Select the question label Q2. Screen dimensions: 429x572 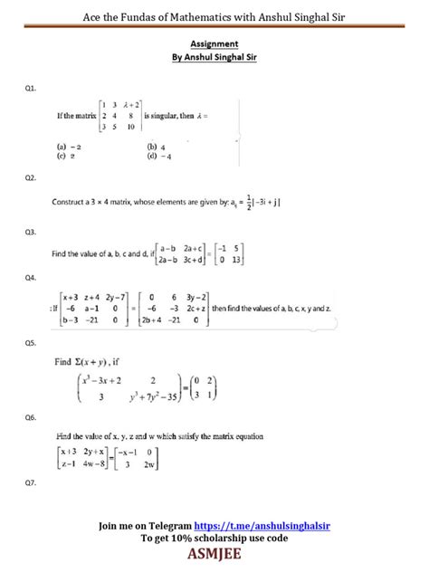(x=32, y=178)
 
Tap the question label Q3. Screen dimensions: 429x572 (x=32, y=233)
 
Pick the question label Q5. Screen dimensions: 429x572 (x=32, y=343)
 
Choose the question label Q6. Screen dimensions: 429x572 (x=32, y=417)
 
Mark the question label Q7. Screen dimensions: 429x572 (x=32, y=484)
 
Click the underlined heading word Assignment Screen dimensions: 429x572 (x=214, y=43)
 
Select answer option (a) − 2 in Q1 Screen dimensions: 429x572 (x=64, y=145)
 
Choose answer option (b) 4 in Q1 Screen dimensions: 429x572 (x=155, y=145)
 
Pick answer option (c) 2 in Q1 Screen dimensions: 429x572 (x=62, y=154)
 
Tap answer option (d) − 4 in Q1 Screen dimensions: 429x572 (x=157, y=154)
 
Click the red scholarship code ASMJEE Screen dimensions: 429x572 (x=214, y=552)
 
